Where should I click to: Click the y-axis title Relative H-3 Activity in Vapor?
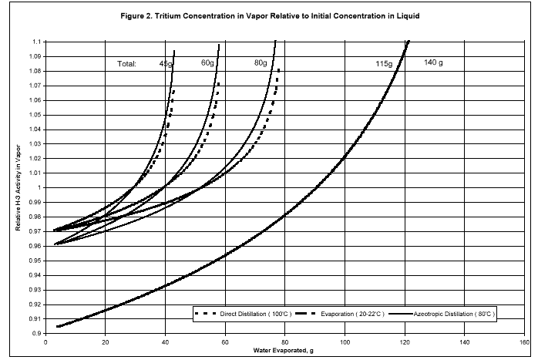[15, 187]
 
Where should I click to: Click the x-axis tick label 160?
[523, 341]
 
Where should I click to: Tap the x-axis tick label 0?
[46, 341]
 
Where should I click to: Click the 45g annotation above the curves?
[166, 64]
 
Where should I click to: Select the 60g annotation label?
[208, 63]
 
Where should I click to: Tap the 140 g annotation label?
[433, 62]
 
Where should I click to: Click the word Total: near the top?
[126, 64]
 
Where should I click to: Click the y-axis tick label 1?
[42, 187]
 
